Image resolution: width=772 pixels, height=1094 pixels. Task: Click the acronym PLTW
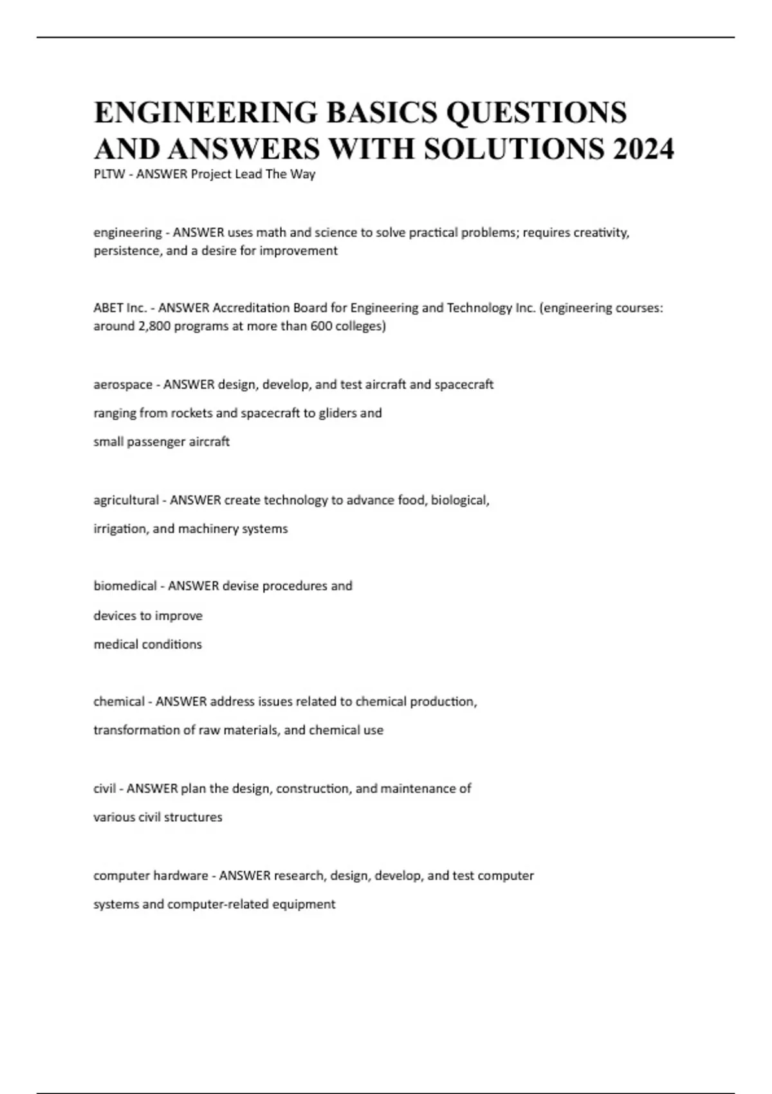109,174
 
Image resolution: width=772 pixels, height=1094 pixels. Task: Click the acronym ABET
108,308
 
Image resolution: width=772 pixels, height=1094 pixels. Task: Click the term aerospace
123,384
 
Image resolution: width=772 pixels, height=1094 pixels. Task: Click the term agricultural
126,500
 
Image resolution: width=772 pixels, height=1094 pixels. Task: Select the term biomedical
125,586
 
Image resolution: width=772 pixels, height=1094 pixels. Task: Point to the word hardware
181,875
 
